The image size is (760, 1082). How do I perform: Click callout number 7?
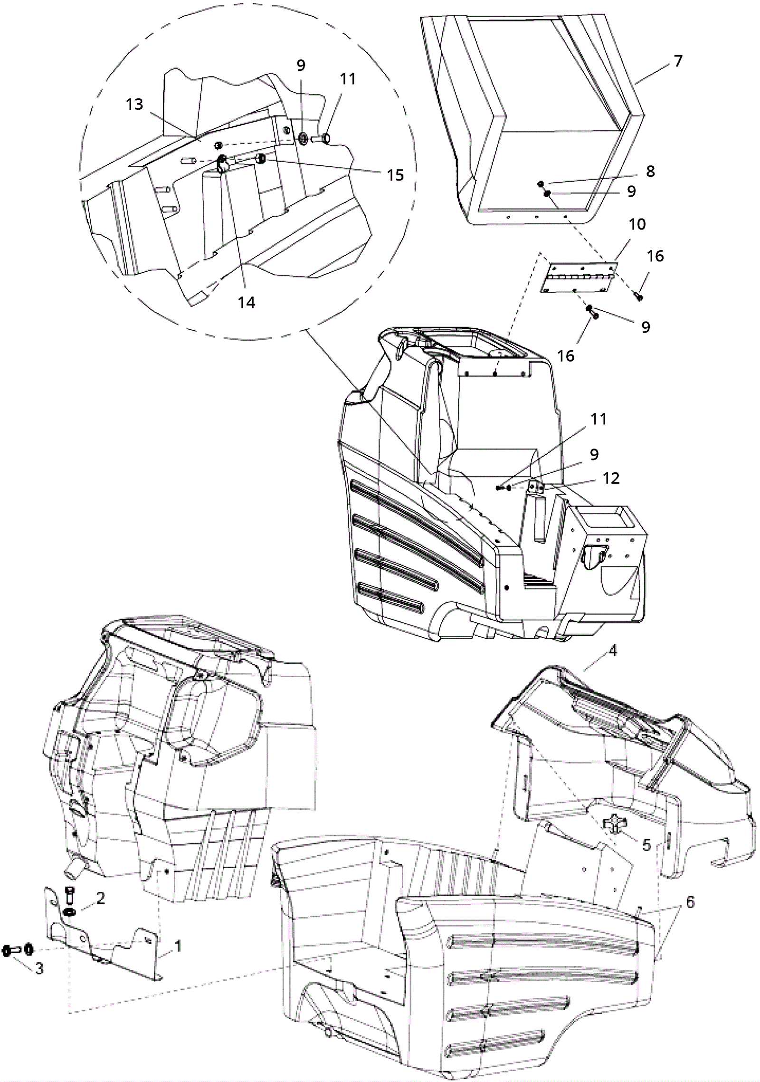pyautogui.click(x=678, y=61)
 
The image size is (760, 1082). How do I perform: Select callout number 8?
pyautogui.click(x=650, y=171)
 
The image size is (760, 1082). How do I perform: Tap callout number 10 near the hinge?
pyautogui.click(x=637, y=224)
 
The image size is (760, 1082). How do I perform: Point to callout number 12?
pyautogui.click(x=611, y=478)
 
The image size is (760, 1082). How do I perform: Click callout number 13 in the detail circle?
pyautogui.click(x=134, y=104)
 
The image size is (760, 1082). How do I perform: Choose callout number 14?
pyautogui.click(x=247, y=302)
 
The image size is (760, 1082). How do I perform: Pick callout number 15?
pyautogui.click(x=395, y=175)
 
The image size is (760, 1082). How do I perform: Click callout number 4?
pyautogui.click(x=613, y=651)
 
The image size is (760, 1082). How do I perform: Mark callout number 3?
pyautogui.click(x=39, y=968)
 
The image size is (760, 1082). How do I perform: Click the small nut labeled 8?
pyautogui.click(x=541, y=184)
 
